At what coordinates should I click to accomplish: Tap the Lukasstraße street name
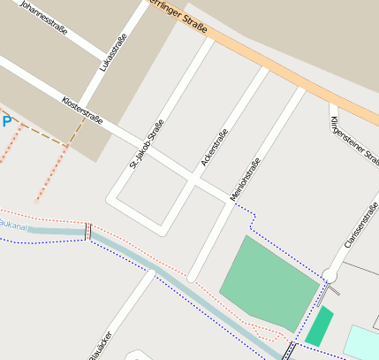tap(113, 52)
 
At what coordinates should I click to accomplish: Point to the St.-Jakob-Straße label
tap(146, 143)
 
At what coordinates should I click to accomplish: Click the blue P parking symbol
tap(6, 121)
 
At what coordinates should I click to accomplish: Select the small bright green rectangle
tap(319, 326)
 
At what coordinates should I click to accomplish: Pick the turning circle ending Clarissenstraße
tap(330, 275)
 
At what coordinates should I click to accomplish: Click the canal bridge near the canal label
tap(87, 232)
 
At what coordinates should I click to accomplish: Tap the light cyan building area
tap(363, 343)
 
